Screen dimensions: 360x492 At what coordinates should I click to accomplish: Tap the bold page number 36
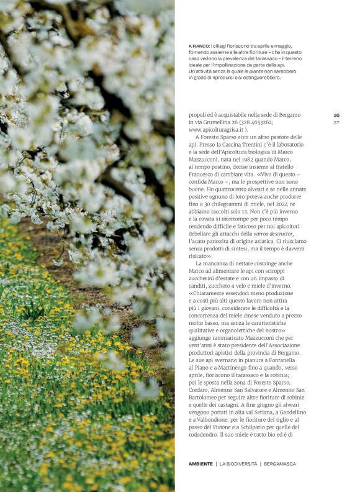coord(336,116)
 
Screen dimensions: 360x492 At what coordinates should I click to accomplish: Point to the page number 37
coord(336,122)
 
